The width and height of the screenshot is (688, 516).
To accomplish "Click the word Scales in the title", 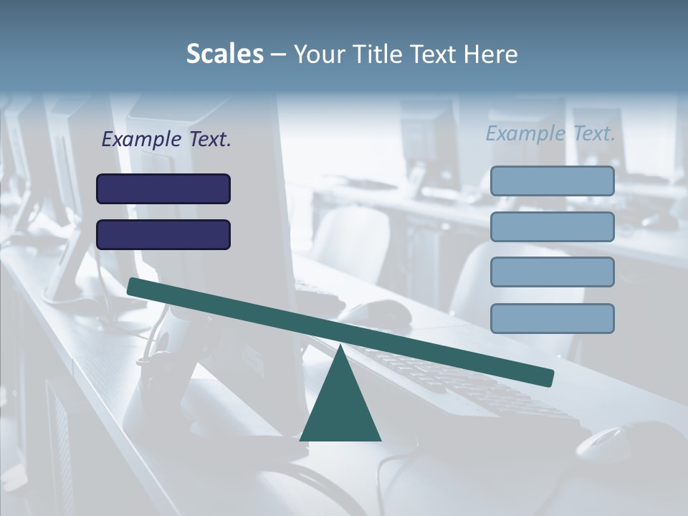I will click(x=224, y=54).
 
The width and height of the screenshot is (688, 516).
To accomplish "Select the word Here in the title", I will click(x=491, y=54).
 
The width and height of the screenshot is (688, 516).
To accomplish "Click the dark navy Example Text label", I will click(x=166, y=139).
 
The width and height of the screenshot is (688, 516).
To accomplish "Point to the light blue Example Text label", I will click(x=550, y=133).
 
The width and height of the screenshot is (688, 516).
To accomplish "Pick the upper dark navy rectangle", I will click(x=163, y=188).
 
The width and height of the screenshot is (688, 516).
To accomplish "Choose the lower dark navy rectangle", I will click(x=163, y=234).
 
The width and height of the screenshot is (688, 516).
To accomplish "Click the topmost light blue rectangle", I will click(x=552, y=181).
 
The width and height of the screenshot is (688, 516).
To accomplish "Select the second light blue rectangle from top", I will click(x=552, y=226).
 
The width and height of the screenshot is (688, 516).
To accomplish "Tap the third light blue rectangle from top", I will click(x=552, y=272).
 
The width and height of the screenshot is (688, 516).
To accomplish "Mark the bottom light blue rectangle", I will click(x=552, y=318).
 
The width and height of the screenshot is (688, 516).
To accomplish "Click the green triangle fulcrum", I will click(x=340, y=408).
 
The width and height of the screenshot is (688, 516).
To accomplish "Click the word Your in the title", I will click(x=318, y=54).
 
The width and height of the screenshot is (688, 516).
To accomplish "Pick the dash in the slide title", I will click(x=278, y=54).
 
